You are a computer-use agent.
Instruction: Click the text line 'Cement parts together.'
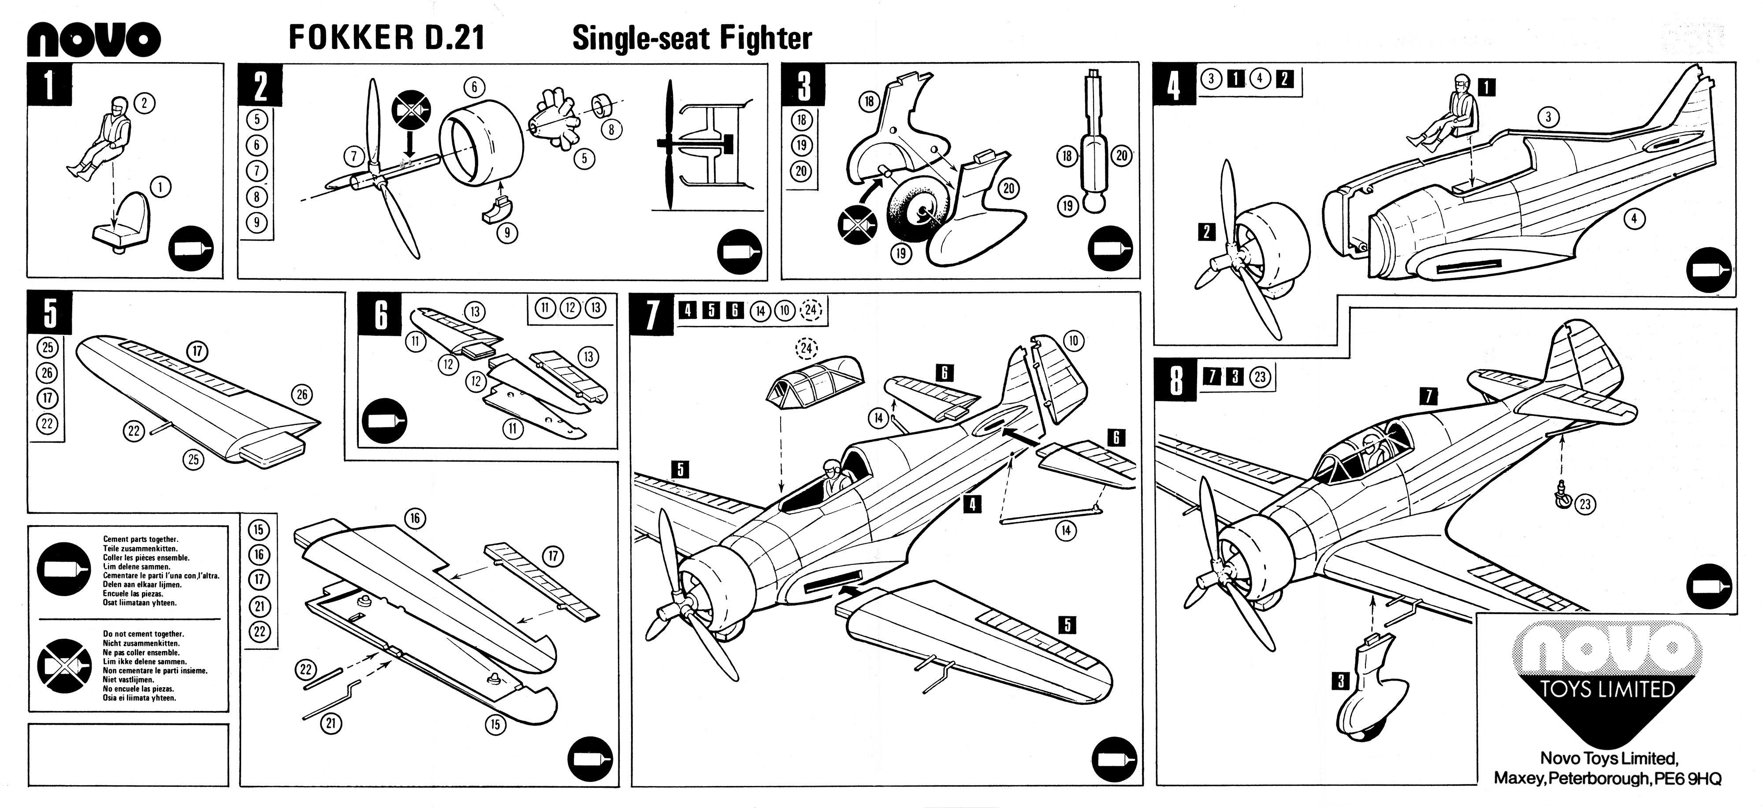(140, 539)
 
